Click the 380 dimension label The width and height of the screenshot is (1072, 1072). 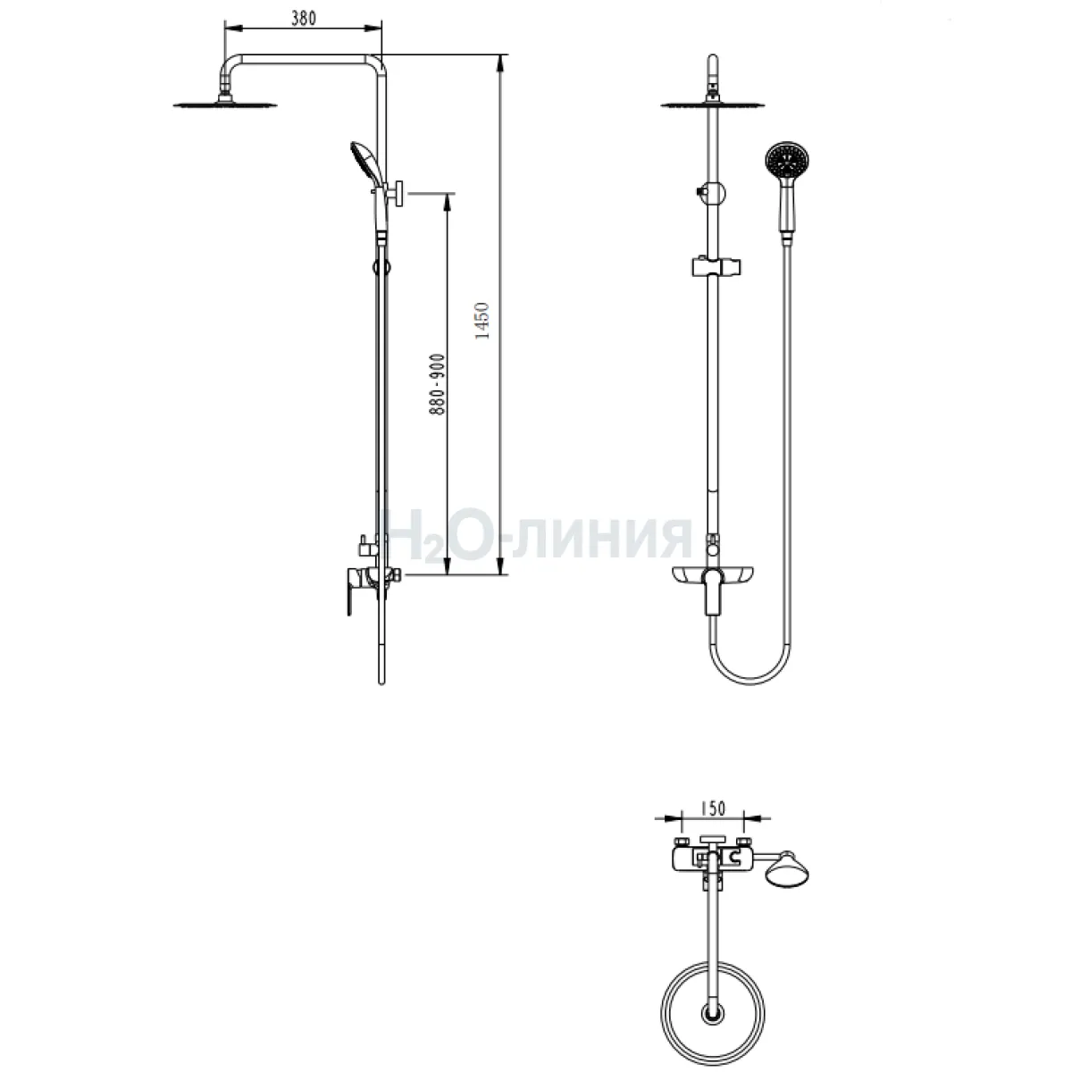(x=303, y=19)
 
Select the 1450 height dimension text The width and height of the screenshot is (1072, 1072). (x=482, y=321)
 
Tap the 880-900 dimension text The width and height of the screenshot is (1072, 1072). (x=437, y=384)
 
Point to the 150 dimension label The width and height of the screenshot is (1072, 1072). (x=713, y=808)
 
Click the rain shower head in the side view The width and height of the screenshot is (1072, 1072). (x=225, y=104)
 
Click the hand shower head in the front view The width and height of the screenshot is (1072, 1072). (x=787, y=159)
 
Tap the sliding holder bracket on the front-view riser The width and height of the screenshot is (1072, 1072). (x=716, y=266)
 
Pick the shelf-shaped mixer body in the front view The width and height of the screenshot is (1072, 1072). (x=713, y=574)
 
